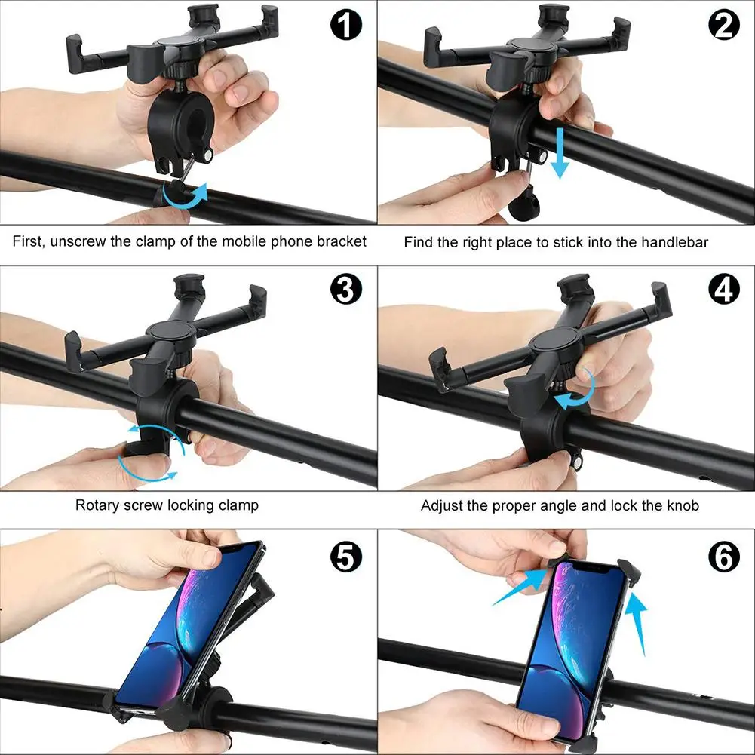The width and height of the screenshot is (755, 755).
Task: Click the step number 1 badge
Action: [345, 24]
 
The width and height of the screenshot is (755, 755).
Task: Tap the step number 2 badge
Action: [724, 25]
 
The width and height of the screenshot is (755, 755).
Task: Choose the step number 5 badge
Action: [345, 557]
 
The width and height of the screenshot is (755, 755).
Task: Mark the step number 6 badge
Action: [724, 557]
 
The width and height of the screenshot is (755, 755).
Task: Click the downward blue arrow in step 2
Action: [560, 153]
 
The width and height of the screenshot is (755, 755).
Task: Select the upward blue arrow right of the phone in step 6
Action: [638, 624]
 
